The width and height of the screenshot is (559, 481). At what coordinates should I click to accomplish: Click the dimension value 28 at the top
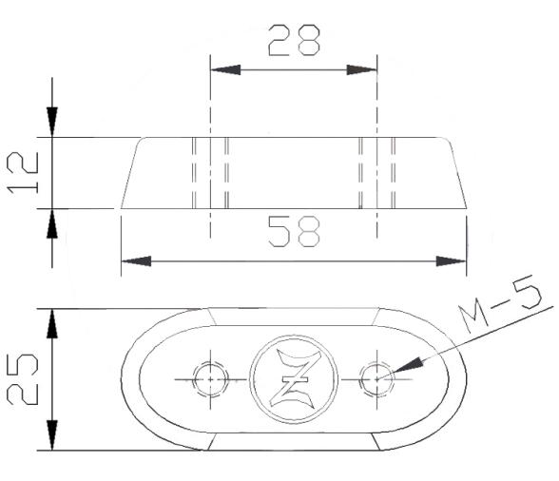[x=294, y=40]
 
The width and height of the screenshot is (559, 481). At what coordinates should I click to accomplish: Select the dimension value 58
[x=294, y=232]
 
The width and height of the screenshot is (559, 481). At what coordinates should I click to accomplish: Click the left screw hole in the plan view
[x=208, y=378]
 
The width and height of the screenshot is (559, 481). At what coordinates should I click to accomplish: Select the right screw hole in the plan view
[x=377, y=378]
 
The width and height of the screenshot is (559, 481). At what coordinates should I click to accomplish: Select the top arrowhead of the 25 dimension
[x=51, y=322]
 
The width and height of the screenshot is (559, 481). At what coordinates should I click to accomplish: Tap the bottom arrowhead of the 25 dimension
[x=51, y=435]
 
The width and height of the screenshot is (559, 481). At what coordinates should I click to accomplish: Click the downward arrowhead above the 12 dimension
[x=51, y=123]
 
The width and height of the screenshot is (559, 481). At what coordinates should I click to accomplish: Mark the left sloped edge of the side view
[x=131, y=172]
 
